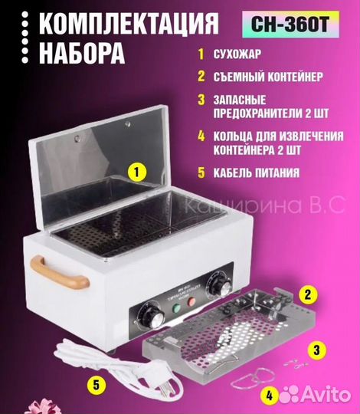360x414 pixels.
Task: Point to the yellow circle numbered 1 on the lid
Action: click(x=136, y=171)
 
